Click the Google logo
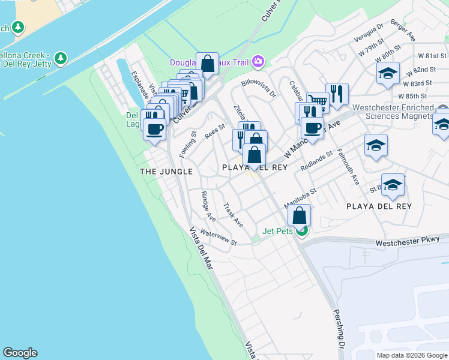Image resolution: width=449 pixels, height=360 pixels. coord(20,353)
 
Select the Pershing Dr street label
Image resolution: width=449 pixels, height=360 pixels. coord(339,333)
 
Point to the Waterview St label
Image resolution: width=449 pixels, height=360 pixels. coord(218,238)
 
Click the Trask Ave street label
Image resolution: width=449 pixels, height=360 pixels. coord(233,215)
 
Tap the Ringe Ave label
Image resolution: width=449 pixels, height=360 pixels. coord(208,206)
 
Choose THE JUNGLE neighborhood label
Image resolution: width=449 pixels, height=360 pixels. coord(166,172)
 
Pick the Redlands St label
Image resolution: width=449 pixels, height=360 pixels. coord(317,160)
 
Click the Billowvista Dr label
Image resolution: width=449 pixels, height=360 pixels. coord(258,89)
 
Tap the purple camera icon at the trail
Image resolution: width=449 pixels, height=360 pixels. coord(258,61)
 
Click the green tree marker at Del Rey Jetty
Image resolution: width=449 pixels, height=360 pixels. coord(60,58)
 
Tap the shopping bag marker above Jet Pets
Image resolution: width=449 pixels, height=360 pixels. coord(299,215)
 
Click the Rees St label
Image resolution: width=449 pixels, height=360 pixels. coord(214,131)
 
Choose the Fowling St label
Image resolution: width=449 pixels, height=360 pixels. coord(188,145)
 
